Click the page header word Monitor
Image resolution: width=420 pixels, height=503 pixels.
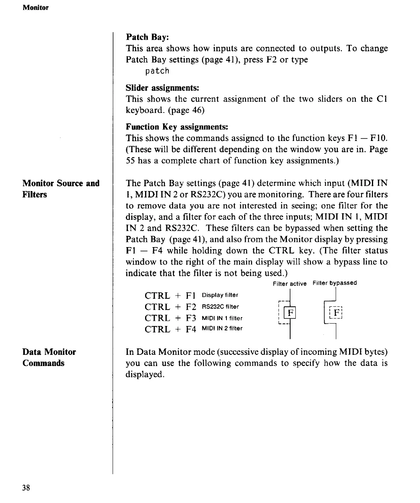pos(35,8)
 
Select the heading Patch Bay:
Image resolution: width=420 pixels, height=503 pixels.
pos(148,37)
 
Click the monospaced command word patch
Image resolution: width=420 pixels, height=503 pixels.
pos(157,71)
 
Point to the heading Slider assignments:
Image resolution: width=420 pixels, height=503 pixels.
pos(162,88)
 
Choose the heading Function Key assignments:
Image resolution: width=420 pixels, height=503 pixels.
pos(177,127)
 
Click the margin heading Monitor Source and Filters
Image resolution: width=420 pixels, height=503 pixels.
pos(61,189)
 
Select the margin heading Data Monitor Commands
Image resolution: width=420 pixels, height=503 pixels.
pos(49,357)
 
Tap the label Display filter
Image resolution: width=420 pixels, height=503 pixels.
pos(220,295)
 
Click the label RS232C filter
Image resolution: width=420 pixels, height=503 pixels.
pos(220,307)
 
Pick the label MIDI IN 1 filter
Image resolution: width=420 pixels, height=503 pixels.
pos(222,318)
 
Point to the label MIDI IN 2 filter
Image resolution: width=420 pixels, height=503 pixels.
pos(222,328)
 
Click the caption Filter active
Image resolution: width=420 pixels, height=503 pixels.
pos(289,284)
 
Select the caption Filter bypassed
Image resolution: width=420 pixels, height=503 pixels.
pos(335,283)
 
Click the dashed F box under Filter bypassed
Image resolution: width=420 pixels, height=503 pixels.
pos(337,312)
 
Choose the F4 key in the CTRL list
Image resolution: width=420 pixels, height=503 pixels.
pos(191,330)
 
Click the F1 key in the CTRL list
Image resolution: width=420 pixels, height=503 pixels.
pos(190,296)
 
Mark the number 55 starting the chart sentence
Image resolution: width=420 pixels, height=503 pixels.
pos(131,161)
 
